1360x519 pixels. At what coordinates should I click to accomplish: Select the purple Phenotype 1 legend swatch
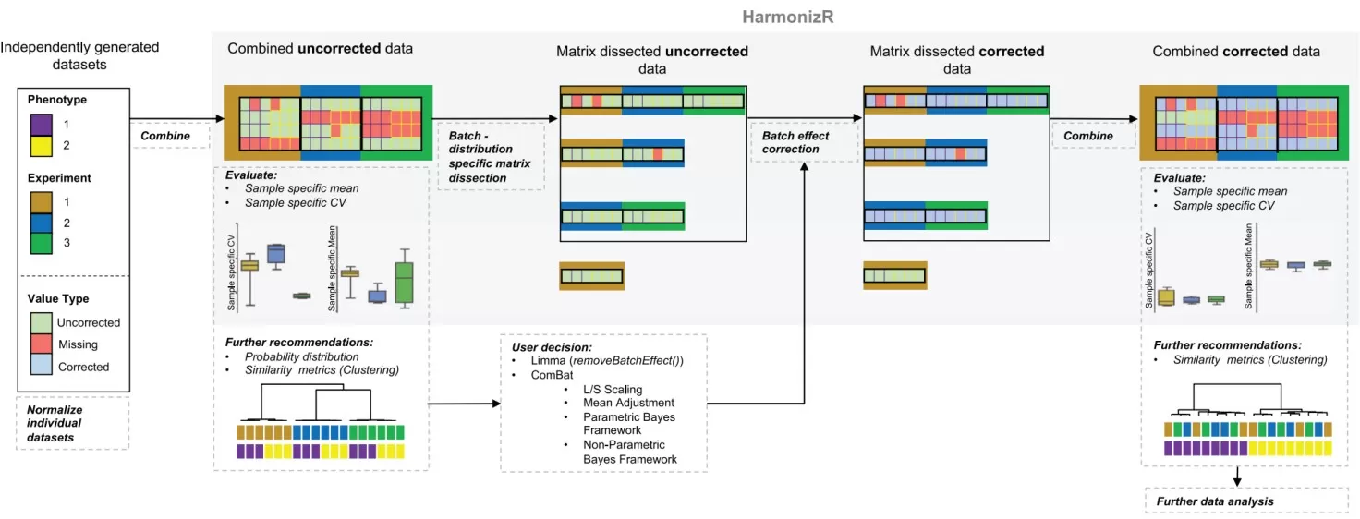click(x=42, y=123)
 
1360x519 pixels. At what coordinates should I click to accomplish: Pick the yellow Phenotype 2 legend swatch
click(x=42, y=145)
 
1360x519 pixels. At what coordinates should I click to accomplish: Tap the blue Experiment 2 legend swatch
click(x=42, y=223)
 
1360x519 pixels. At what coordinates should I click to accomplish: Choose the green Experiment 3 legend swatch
click(x=42, y=244)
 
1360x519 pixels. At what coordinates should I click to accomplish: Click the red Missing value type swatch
click(x=42, y=344)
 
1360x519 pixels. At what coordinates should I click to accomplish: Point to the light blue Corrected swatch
click(x=42, y=367)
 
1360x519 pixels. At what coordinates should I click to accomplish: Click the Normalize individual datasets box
click(x=73, y=424)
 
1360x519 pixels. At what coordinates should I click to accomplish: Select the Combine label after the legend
click(x=165, y=136)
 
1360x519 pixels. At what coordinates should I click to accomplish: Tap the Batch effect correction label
click(x=795, y=142)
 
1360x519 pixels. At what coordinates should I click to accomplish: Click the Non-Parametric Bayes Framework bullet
click(x=629, y=452)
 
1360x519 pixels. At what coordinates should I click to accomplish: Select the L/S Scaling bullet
click(x=612, y=390)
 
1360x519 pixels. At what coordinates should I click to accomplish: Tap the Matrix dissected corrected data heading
click(x=956, y=60)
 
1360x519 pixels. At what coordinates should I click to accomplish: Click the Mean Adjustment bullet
click(x=628, y=403)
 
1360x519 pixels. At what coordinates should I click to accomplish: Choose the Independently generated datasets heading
click(x=80, y=55)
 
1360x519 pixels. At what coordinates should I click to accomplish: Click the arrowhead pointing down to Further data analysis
click(x=1237, y=481)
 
